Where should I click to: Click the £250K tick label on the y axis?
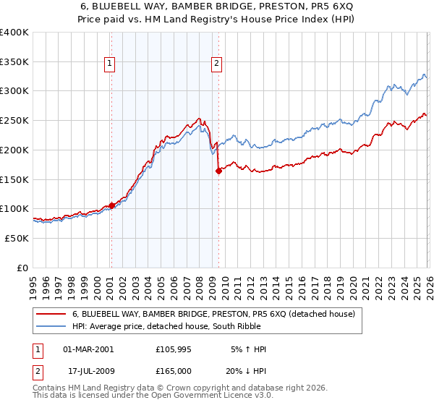pyautogui.click(x=14, y=121)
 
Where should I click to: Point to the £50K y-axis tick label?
pyautogui.click(x=17, y=238)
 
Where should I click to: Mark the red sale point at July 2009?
pyautogui.click(x=218, y=171)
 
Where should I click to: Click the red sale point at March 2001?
pyautogui.click(x=111, y=205)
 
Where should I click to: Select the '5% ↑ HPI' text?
pyautogui.click(x=248, y=349)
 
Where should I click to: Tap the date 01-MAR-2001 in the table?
pyautogui.click(x=88, y=349)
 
